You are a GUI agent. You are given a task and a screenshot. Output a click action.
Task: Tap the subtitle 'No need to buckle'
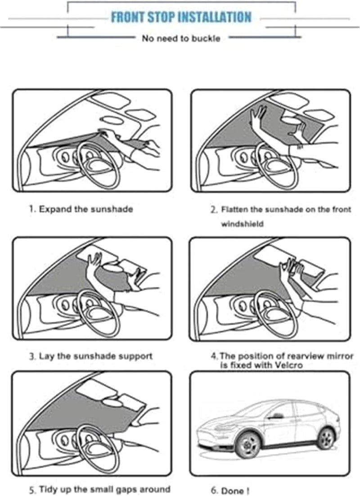point(181,39)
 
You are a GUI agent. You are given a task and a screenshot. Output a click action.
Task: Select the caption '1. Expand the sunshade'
point(81,209)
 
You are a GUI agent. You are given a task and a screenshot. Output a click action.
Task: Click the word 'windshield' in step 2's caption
point(242,224)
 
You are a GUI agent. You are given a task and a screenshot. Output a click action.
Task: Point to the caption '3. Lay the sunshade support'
point(91,356)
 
